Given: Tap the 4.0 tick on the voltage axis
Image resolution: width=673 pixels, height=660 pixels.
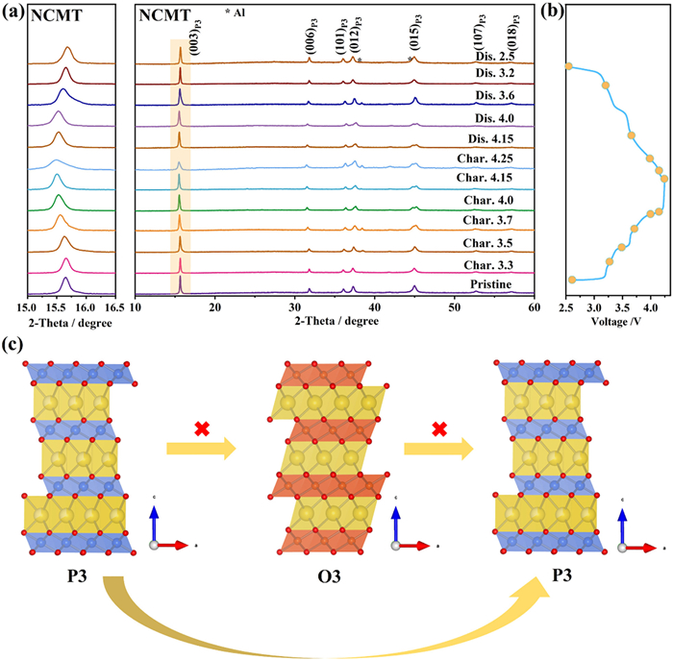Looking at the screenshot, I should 651,307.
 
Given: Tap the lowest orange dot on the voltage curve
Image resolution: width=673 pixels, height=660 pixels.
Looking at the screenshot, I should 572,279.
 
